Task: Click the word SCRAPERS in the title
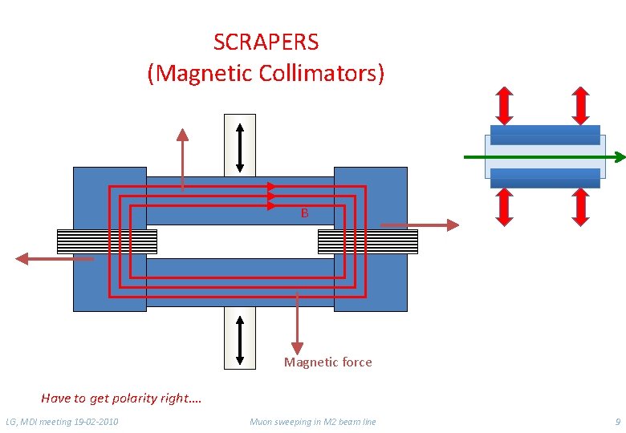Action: click(266, 42)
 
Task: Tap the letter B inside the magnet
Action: click(304, 213)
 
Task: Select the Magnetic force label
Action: click(327, 362)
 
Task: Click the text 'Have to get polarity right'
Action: click(121, 398)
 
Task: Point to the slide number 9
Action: click(616, 422)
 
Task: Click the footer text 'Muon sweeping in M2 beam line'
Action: click(312, 422)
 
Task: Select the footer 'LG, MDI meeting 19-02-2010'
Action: click(62, 422)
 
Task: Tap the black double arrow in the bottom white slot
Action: click(240, 338)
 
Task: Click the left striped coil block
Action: click(107, 241)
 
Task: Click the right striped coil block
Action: click(368, 241)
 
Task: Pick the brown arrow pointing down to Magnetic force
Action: click(298, 324)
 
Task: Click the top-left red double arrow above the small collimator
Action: click(504, 104)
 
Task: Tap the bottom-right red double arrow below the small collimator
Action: click(582, 206)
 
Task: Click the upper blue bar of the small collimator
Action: click(545, 135)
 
